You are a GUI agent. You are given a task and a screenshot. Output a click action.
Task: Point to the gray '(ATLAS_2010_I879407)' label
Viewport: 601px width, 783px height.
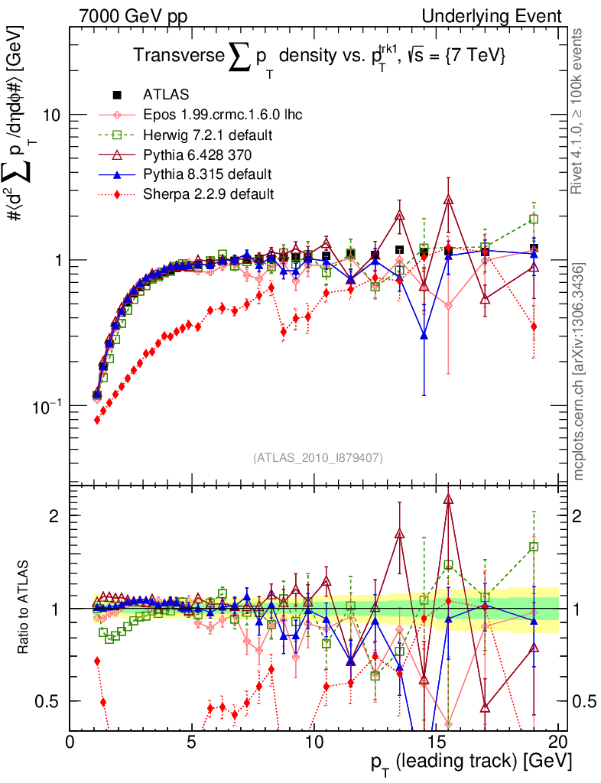317,457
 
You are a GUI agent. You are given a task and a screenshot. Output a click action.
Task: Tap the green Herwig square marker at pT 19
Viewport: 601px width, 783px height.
534,219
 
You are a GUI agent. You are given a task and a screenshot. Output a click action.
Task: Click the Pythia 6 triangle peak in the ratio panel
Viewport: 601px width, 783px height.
448,499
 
